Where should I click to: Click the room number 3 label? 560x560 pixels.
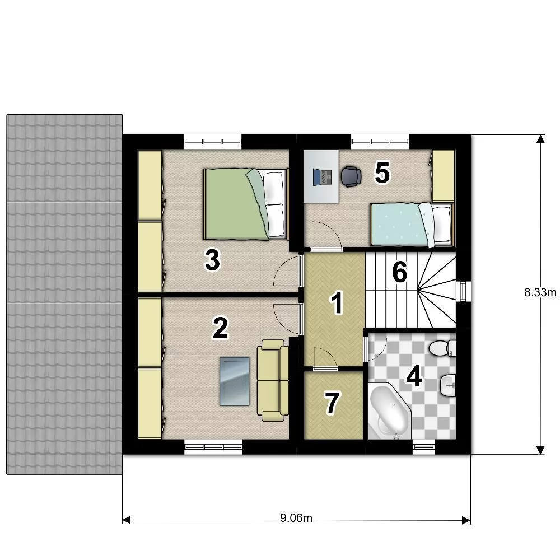[x=212, y=260]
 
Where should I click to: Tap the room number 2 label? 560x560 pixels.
[x=220, y=328]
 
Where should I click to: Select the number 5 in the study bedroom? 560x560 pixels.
[x=382, y=173]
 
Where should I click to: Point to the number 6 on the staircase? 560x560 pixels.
[x=400, y=272]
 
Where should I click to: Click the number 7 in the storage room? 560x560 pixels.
[x=332, y=403]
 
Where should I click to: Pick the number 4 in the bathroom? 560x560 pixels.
[x=414, y=377]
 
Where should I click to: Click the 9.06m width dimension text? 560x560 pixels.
[x=296, y=518]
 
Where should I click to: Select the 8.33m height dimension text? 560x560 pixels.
[x=540, y=292]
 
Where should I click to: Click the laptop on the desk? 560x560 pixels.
[x=322, y=177]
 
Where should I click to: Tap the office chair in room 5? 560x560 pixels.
[x=351, y=176]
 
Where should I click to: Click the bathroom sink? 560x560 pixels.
[x=448, y=385]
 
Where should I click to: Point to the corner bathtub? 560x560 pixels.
[x=389, y=410]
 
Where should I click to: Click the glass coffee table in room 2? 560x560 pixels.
[x=234, y=381]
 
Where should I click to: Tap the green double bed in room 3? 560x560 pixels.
[x=245, y=204]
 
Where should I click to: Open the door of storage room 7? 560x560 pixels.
[x=325, y=358]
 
